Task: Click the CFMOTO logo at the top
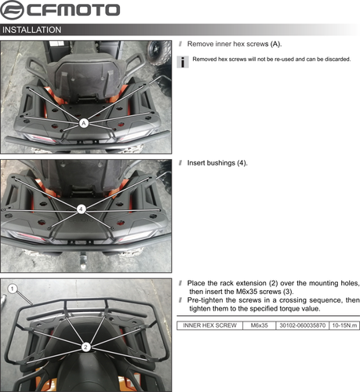click(x=61, y=10)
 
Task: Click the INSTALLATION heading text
click(x=32, y=30)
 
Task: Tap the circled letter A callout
click(x=83, y=123)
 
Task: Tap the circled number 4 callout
click(x=82, y=209)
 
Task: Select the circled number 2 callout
click(x=85, y=345)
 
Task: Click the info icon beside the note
click(x=183, y=61)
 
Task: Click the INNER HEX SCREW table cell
click(x=209, y=325)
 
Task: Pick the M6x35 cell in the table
click(x=259, y=325)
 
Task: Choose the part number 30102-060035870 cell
click(x=302, y=325)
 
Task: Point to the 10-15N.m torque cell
click(x=344, y=325)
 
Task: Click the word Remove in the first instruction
click(x=202, y=44)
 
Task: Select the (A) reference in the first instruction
click(x=275, y=44)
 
